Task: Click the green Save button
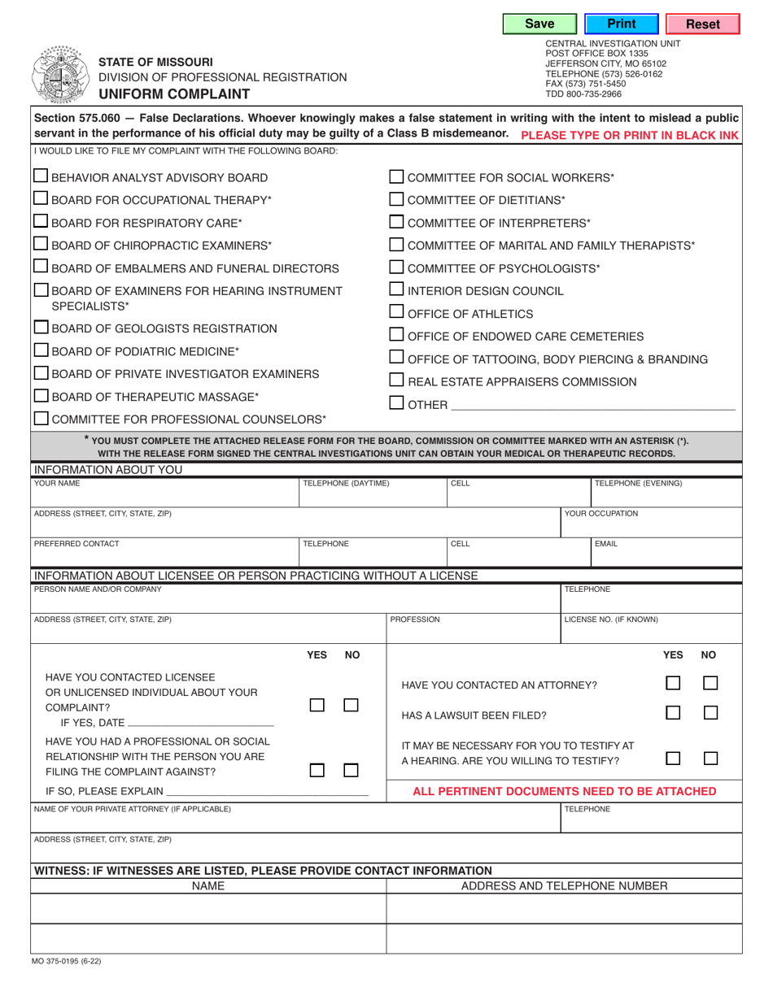click(539, 24)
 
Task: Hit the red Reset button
click(702, 24)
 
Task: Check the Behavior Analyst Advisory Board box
click(41, 176)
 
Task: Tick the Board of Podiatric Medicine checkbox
click(41, 350)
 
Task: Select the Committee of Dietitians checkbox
click(396, 199)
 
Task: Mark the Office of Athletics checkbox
click(396, 312)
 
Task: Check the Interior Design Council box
click(396, 289)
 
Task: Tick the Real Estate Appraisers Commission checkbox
click(396, 380)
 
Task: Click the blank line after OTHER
click(592, 403)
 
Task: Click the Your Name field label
click(57, 484)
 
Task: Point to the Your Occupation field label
click(601, 514)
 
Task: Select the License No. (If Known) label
click(611, 620)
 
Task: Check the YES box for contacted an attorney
click(673, 685)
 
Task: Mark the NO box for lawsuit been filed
click(710, 713)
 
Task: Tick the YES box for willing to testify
click(673, 758)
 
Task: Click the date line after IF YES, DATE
click(201, 722)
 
